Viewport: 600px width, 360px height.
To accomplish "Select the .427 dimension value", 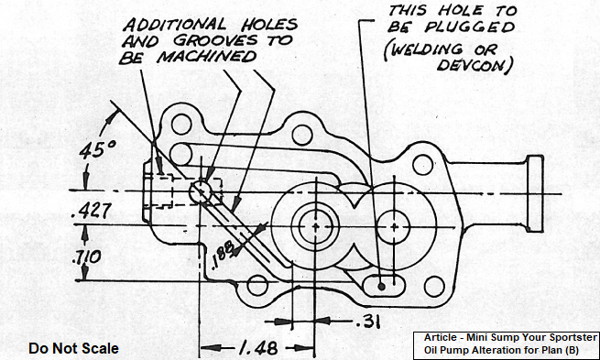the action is click(x=92, y=211).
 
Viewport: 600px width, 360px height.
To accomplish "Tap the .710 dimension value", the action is click(x=86, y=257).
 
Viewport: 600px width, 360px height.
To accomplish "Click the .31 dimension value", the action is click(x=367, y=322).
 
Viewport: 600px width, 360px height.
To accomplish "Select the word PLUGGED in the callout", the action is click(x=470, y=27).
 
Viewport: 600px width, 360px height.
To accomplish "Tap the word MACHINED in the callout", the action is click(x=207, y=57).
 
